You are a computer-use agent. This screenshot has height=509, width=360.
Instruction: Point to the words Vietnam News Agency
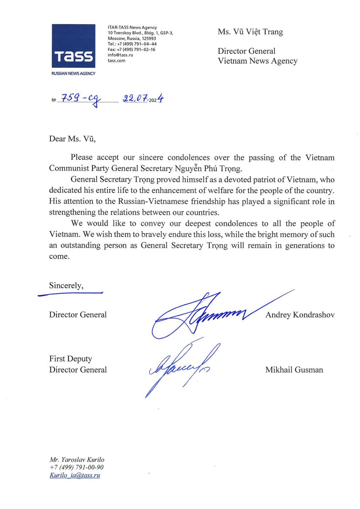click(257, 61)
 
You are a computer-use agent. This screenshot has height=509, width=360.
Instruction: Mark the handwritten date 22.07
click(134, 99)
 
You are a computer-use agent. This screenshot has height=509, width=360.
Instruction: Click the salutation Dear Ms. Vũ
click(70, 139)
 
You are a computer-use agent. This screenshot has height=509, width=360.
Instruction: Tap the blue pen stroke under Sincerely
click(70, 293)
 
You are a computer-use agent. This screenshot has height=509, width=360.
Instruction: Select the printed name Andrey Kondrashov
click(299, 315)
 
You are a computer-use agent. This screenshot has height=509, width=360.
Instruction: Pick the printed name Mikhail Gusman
click(294, 370)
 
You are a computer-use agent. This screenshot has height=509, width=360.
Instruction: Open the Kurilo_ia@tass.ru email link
click(75, 475)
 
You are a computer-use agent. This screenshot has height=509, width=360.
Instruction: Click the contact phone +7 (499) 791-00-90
click(76, 467)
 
